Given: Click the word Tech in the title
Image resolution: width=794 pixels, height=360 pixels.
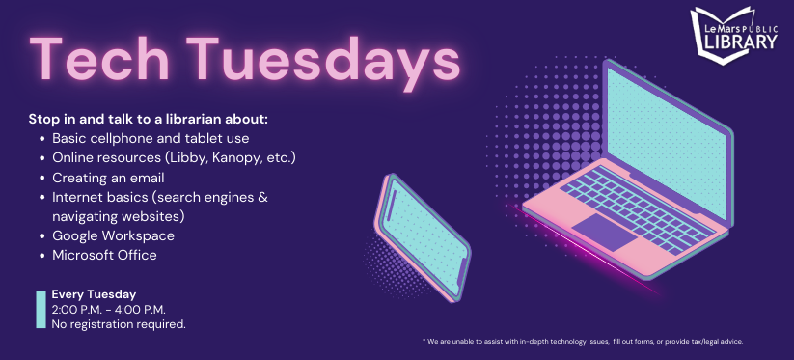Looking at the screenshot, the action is (99, 59).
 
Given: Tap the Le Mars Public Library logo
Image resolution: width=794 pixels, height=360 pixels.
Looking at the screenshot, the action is (734, 36).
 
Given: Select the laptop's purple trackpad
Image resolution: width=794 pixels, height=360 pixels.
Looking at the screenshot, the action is (603, 232).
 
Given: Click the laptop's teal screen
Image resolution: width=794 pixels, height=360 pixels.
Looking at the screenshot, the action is (667, 143).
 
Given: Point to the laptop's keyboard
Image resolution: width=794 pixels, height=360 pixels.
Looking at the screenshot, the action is (637, 211).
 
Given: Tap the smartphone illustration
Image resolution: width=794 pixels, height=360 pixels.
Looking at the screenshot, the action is (423, 237).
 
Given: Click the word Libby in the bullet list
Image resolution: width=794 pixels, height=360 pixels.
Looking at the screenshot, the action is (182, 158).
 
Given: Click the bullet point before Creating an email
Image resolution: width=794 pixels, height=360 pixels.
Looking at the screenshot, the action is (42, 179).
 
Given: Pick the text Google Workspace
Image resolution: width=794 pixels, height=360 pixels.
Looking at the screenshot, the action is (114, 235).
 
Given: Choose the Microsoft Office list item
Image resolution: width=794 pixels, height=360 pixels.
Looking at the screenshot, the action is (104, 255).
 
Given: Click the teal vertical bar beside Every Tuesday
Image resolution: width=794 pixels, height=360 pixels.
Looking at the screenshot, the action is (41, 309).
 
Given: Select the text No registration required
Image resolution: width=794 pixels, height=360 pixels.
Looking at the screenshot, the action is (119, 324).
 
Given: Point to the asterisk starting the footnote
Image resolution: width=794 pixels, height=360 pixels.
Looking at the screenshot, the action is (424, 341).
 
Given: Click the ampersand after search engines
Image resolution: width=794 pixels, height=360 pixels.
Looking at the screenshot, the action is (262, 198).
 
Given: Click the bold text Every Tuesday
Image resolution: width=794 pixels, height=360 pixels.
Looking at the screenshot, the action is (94, 294).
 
